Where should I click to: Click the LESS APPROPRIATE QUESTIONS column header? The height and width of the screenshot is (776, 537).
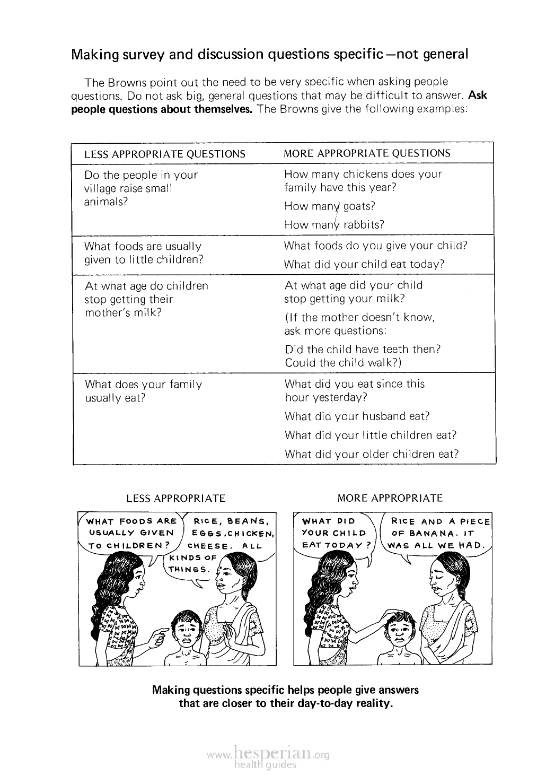(x=165, y=154)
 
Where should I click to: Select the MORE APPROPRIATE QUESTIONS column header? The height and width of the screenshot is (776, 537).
(x=367, y=153)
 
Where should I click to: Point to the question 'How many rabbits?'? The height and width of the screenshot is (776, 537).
(x=334, y=224)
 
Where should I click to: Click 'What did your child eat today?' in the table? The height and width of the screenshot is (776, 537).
(x=364, y=264)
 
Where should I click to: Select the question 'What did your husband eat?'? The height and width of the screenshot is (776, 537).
(x=357, y=416)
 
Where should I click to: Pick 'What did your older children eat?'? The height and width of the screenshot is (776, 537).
(x=371, y=454)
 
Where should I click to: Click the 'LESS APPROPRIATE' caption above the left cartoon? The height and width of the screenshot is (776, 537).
(x=175, y=499)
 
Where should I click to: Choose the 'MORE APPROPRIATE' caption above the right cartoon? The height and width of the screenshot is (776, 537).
(x=390, y=498)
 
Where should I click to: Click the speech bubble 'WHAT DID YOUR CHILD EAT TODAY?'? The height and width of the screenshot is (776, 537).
(x=334, y=533)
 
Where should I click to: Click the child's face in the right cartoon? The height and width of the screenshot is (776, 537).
(x=398, y=629)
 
